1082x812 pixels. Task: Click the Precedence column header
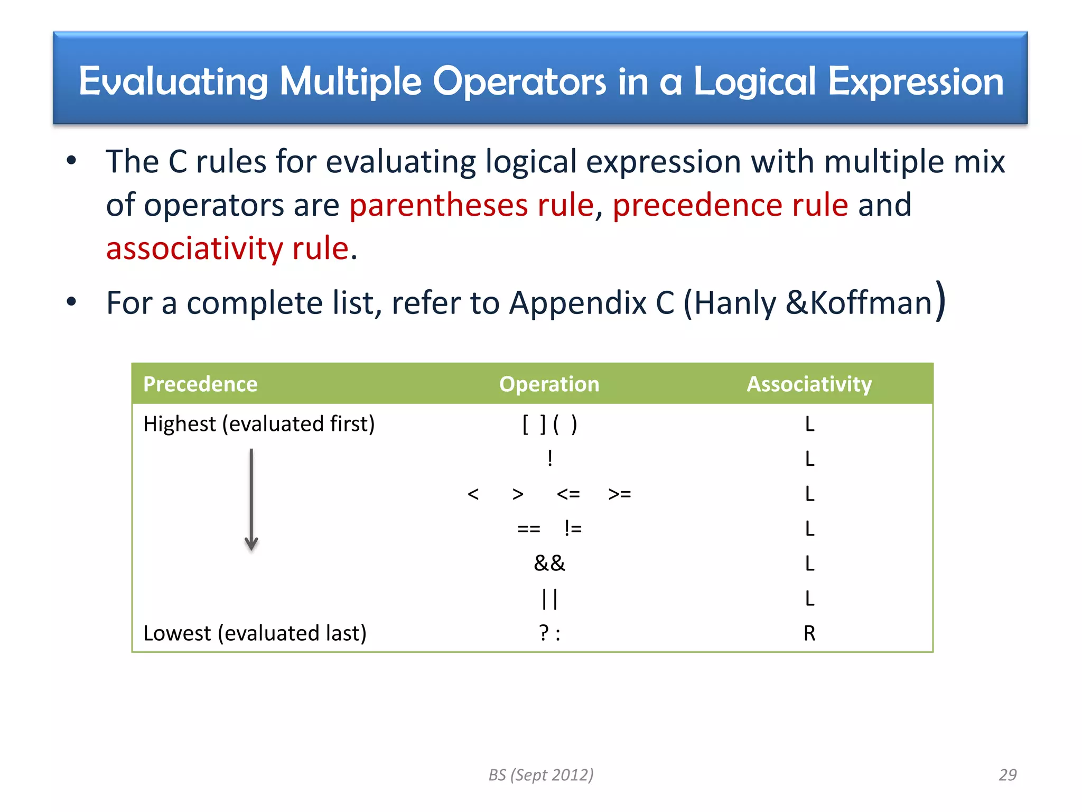point(200,384)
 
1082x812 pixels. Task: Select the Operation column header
point(549,384)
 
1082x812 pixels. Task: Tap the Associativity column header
point(809,384)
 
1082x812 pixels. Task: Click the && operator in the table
point(549,564)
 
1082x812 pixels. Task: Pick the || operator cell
point(549,599)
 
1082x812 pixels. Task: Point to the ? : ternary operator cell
point(549,633)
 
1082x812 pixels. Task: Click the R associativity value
point(809,633)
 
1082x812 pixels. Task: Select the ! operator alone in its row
point(550,458)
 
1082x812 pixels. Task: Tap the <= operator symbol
point(568,494)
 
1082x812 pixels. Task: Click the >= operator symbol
point(620,494)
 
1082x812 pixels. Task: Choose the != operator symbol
point(573,529)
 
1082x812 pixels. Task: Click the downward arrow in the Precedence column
point(251,500)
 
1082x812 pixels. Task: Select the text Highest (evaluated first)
point(259,424)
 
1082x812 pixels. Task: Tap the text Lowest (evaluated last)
point(255,633)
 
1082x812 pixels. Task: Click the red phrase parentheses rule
point(471,205)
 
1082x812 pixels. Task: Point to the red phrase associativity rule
point(227,248)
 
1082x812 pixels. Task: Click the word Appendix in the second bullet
point(578,303)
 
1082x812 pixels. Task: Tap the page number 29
point(1008,774)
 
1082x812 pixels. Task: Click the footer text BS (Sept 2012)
point(541,774)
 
